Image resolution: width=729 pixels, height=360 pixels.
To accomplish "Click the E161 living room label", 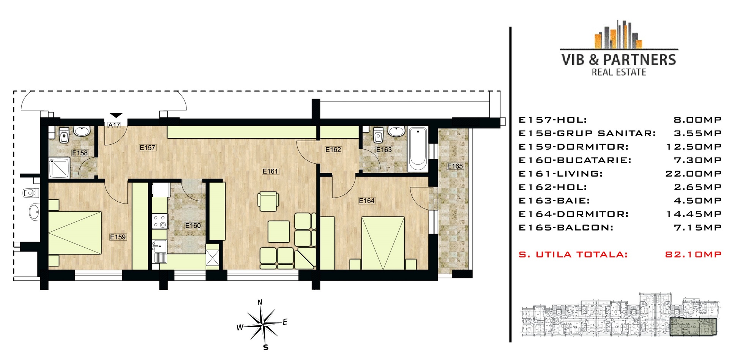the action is [270, 171].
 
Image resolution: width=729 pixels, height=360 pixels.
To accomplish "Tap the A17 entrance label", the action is [114, 125].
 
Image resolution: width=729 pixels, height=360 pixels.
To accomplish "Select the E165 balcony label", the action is [455, 166].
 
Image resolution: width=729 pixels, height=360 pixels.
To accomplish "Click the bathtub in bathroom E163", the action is [418, 149].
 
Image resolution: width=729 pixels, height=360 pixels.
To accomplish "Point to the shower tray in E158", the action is [59, 168].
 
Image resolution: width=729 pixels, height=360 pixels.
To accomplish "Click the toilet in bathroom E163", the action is [378, 134].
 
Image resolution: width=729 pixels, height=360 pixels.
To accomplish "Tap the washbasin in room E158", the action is [82, 131].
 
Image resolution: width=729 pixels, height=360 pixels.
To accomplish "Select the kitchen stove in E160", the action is [160, 221].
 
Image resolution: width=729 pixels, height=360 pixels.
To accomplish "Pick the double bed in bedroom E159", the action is [75, 232].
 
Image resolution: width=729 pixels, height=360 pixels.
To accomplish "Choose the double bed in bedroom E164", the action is [383, 243].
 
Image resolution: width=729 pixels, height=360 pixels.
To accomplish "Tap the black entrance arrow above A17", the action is [116, 115].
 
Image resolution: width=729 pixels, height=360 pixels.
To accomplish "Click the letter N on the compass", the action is [260, 303].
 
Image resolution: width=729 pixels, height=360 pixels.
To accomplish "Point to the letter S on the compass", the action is [266, 347].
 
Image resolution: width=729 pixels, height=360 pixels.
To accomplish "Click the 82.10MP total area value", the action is [693, 254].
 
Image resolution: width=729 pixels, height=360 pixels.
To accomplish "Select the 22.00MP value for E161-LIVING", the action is [693, 174].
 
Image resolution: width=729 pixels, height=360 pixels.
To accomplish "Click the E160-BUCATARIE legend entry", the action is [575, 160].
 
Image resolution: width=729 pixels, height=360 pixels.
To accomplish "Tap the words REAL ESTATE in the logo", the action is [619, 72].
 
